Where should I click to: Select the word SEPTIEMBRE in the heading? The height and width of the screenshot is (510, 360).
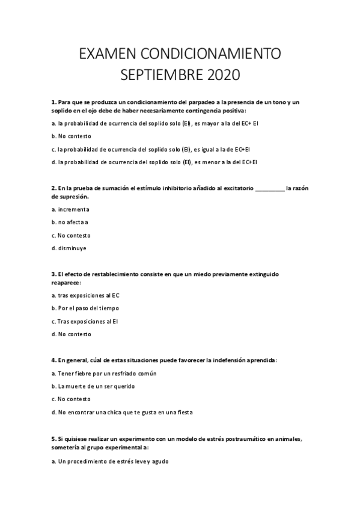158,76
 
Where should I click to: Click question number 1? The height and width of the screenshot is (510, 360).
53,102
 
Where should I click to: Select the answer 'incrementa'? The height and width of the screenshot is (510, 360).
71,209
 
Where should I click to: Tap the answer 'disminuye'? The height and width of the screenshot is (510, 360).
70,248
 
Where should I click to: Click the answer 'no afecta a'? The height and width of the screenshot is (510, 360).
70,222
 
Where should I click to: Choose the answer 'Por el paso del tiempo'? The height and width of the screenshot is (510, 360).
85,308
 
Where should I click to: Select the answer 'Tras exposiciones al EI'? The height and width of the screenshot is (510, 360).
85,321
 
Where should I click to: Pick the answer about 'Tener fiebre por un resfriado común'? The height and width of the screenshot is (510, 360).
96,373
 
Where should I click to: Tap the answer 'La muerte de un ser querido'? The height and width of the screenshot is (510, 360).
93,386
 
